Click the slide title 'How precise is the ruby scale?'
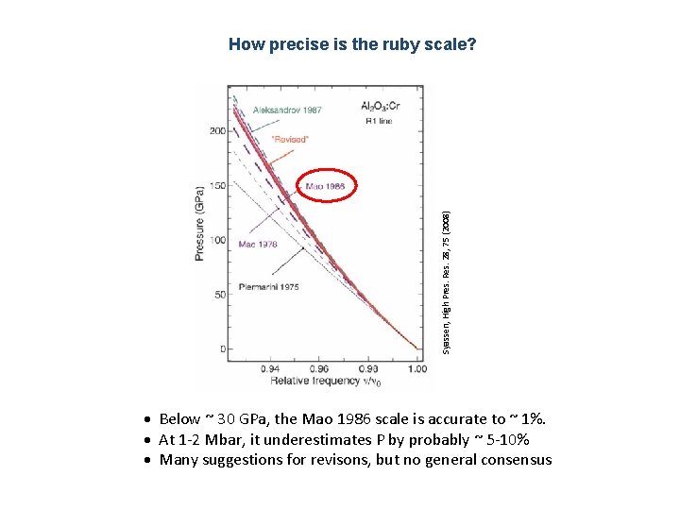pos(352,44)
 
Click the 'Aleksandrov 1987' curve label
pos(287,110)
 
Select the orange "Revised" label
pos(289,139)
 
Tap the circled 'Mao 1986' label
pos(325,187)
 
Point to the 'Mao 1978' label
pos(258,244)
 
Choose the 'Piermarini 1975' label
pos(268,286)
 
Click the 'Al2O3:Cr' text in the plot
pos(381,106)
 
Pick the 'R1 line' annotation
pos(378,121)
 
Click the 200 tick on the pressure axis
pos(216,131)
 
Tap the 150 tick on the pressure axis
pos(216,186)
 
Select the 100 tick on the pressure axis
pos(216,240)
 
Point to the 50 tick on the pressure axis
pos(218,295)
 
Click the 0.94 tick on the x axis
pos(269,369)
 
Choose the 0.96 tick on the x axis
pos(318,369)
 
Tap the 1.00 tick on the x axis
pos(416,369)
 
